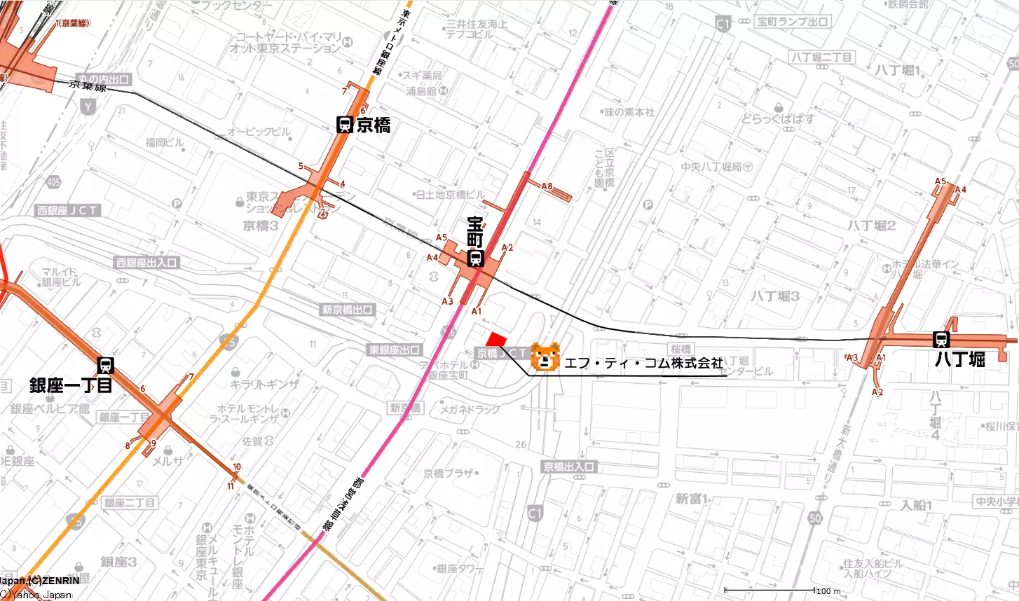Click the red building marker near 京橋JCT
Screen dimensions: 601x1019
pos(496,339)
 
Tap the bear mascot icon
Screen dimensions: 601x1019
pos(545,357)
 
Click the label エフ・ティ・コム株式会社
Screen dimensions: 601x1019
pos(643,363)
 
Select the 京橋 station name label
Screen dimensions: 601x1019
pos(373,125)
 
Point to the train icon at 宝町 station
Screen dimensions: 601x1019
pos(475,259)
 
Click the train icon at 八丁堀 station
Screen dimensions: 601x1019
pos(941,340)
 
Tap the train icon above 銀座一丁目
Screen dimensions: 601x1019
pos(107,365)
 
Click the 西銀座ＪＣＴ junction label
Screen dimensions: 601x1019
pos(69,210)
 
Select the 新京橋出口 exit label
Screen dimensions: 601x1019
pos(348,310)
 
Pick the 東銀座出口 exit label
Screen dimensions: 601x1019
pos(395,350)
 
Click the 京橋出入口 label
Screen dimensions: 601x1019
pos(569,467)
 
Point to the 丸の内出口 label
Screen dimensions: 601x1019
pos(104,79)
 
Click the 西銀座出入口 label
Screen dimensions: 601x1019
pos(147,263)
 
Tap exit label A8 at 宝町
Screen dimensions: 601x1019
pos(547,186)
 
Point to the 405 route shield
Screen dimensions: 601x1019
pos(53,182)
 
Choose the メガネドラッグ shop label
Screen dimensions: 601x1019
pos(470,409)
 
